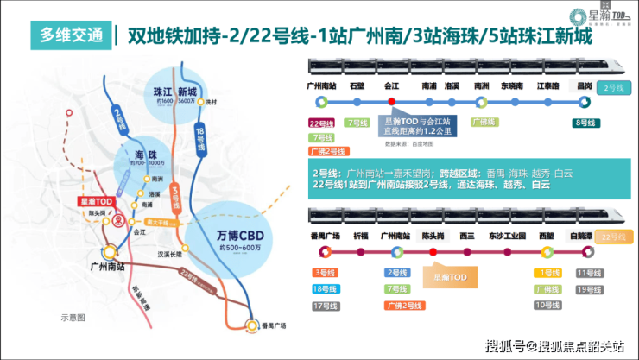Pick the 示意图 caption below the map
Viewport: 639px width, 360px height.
73,317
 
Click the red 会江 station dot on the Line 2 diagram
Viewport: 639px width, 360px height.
392,101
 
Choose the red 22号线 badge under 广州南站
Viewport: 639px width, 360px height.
321,123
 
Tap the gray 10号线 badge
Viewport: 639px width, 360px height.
547,304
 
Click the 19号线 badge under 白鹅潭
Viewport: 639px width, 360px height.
587,288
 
